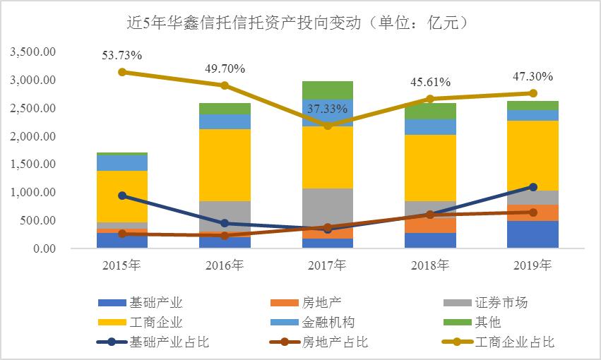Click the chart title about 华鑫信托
click(300, 24)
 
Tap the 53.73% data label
click(121, 56)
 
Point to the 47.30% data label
click(532, 77)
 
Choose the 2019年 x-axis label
click(533, 266)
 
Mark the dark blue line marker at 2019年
click(533, 187)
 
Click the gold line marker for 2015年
click(122, 72)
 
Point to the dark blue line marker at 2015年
click(122, 196)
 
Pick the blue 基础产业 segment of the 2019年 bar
click(533, 234)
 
